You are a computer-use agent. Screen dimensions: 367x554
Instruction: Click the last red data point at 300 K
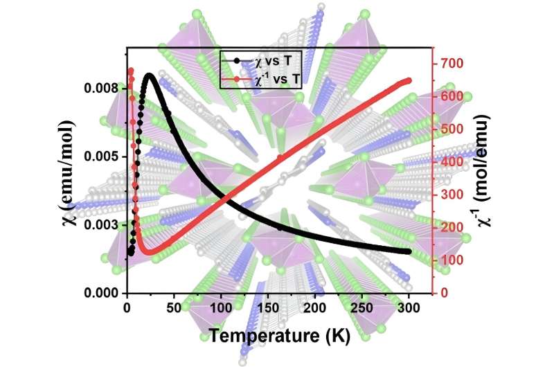point(409,80)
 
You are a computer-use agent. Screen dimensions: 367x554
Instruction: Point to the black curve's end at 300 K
point(409,251)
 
